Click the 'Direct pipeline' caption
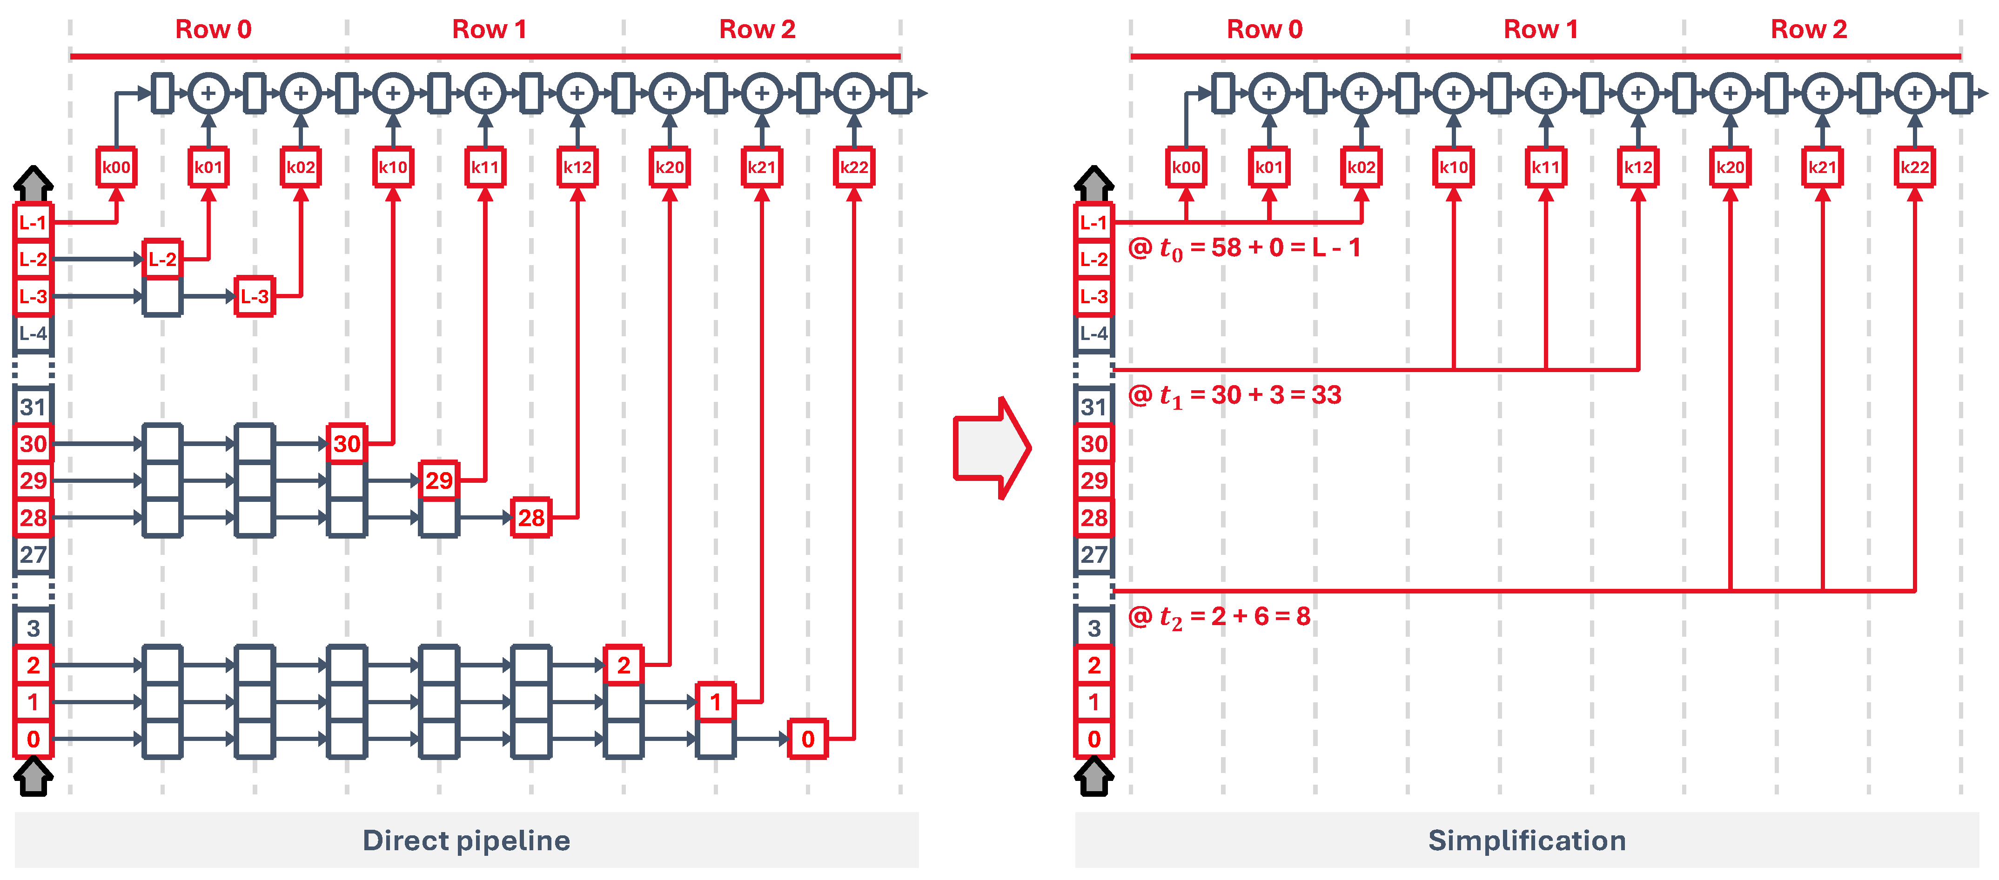tap(466, 840)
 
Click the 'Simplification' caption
tap(1526, 840)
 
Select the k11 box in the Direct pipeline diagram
tap(485, 167)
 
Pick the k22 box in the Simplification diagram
tap(1914, 167)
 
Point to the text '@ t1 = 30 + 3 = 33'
tap(1234, 395)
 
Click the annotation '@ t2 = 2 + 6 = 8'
tap(1218, 617)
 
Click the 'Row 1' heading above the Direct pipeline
tap(489, 29)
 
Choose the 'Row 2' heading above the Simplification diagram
tap(1808, 29)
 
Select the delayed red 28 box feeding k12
tap(531, 518)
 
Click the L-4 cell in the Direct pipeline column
tap(33, 333)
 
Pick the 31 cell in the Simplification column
tap(1093, 407)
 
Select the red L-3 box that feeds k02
tap(255, 296)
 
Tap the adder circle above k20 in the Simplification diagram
tap(1730, 93)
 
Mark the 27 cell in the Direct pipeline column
tap(33, 554)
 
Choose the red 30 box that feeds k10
tap(346, 443)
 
